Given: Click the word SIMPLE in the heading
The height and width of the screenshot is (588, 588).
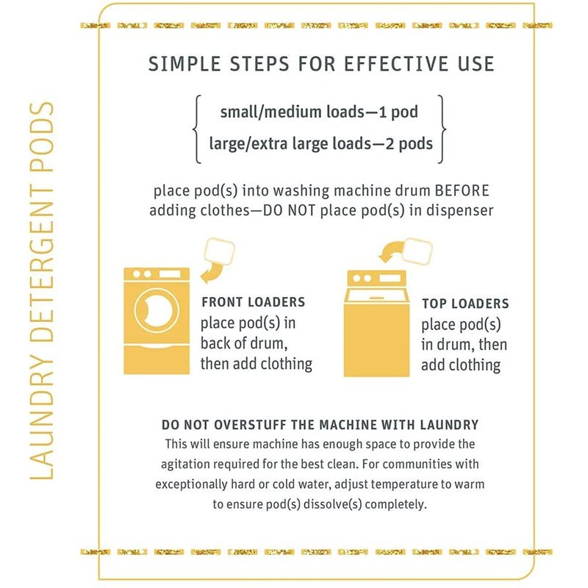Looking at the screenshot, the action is (x=184, y=63).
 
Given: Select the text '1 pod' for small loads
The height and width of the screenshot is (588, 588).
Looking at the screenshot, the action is (x=398, y=112).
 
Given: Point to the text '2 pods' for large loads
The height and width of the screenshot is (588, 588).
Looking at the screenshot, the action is (x=409, y=143).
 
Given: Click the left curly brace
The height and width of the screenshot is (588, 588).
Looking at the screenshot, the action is (x=196, y=129).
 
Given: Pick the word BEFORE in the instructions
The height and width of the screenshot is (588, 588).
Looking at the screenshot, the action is (x=462, y=190).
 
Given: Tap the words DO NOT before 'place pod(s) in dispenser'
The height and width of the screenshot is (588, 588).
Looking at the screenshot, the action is (x=289, y=210).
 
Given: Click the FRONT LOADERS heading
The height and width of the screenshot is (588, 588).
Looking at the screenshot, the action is (x=254, y=302).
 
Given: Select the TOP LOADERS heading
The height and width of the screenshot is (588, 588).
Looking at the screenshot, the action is (x=465, y=304).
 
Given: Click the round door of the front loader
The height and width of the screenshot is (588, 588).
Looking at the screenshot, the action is (x=154, y=310).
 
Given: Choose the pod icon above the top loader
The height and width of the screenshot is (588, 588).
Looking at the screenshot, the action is (x=416, y=251).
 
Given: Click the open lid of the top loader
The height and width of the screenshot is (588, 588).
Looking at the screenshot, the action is (x=376, y=295).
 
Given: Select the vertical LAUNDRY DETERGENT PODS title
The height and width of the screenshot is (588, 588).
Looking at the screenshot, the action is (x=41, y=290).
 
